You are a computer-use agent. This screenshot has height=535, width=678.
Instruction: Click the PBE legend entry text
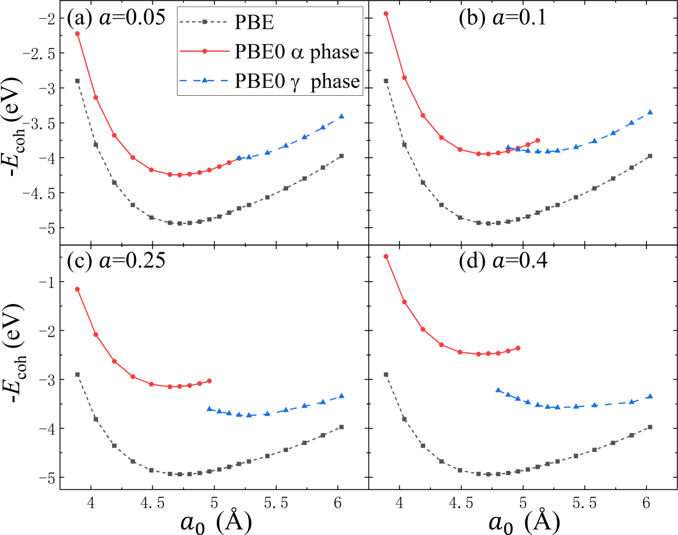(254, 23)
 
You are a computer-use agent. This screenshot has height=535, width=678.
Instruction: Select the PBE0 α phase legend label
(296, 52)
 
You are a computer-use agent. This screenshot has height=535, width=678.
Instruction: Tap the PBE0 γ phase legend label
(296, 81)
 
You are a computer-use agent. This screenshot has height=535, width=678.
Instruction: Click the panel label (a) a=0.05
(116, 18)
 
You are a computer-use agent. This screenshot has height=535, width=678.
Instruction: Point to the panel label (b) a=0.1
(502, 18)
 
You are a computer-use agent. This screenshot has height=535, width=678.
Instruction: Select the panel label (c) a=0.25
(116, 260)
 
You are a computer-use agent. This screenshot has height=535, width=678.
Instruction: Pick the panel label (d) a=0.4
(503, 260)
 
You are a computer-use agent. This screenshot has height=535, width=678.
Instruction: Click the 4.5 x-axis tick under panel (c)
(152, 503)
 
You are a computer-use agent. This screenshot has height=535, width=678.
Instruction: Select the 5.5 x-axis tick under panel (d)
(584, 503)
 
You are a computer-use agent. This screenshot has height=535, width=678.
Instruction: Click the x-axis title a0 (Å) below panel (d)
(524, 521)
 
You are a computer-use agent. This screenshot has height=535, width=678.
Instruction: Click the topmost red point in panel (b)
(386, 14)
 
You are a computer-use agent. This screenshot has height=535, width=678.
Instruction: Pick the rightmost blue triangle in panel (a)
(341, 116)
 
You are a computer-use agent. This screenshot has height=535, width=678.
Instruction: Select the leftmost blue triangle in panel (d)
(498, 390)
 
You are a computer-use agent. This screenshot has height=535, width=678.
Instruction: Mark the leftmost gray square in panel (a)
(77, 81)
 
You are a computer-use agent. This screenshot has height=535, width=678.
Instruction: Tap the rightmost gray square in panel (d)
(650, 427)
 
